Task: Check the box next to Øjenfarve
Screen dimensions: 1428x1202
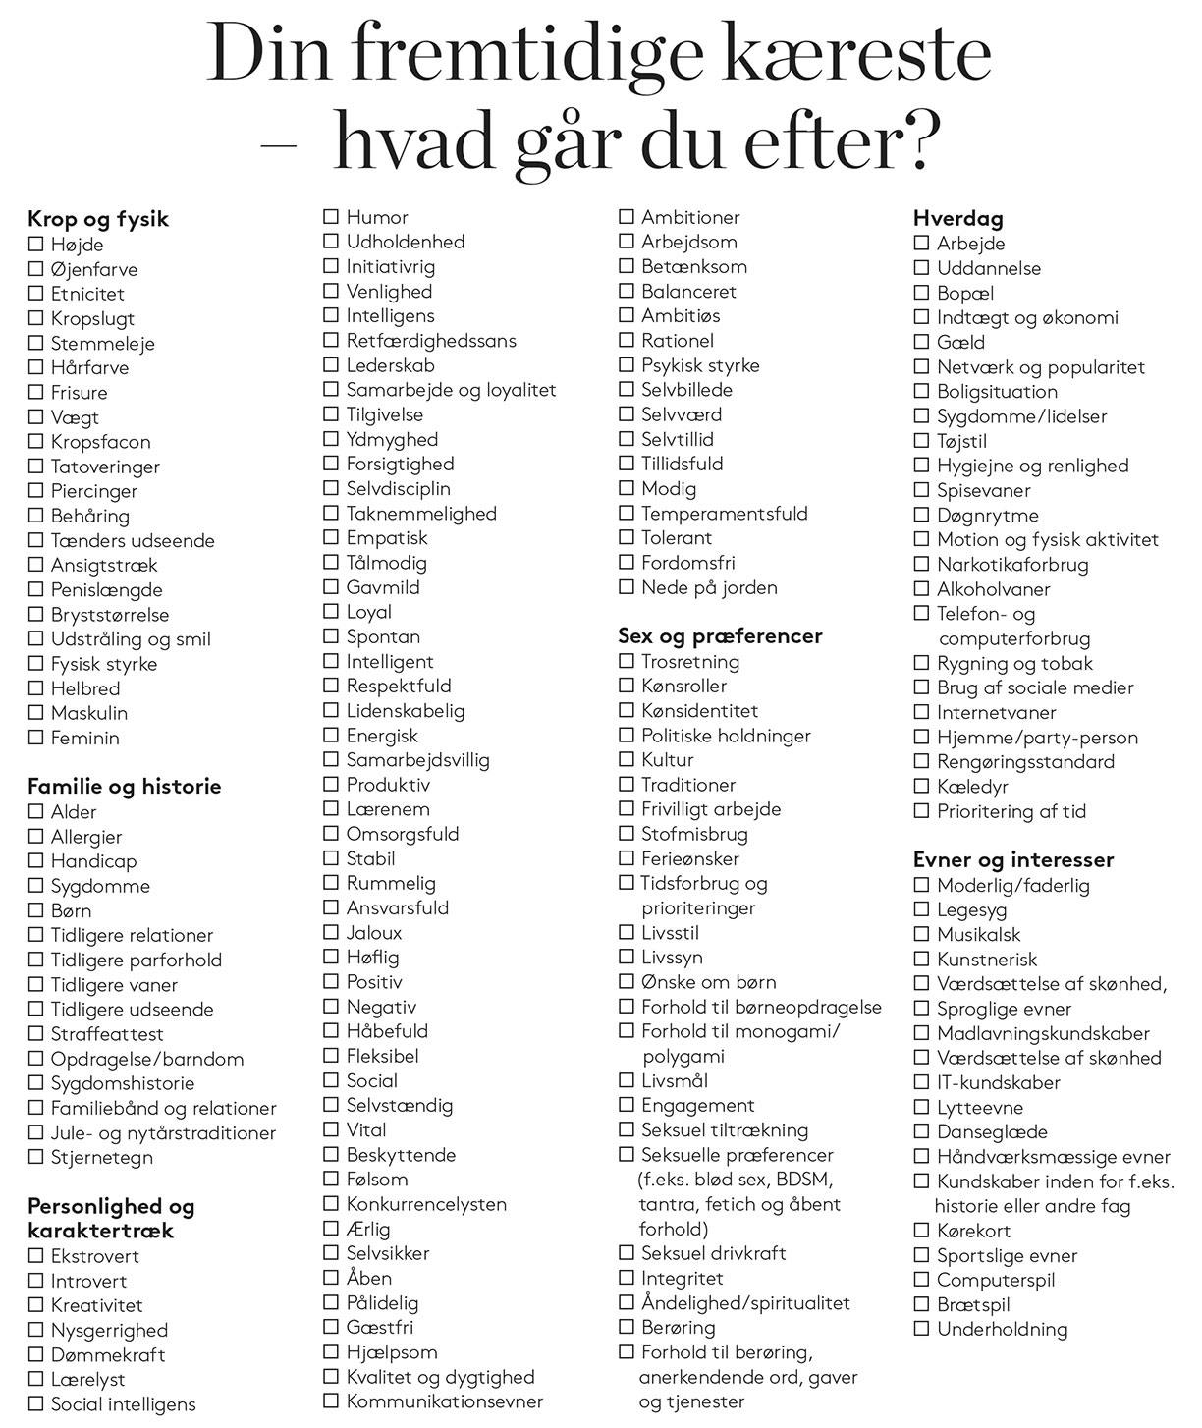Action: (x=36, y=268)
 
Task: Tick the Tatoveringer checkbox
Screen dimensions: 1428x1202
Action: (x=36, y=466)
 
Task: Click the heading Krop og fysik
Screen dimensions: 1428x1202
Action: (x=98, y=219)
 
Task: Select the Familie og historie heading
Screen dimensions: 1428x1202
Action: (x=125, y=786)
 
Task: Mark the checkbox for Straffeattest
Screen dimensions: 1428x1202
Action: (x=36, y=1033)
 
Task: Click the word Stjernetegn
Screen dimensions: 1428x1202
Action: (x=102, y=1157)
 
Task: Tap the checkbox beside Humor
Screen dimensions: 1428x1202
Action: (x=331, y=217)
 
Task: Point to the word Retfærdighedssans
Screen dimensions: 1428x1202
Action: (x=431, y=341)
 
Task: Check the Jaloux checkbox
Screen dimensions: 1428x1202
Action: (x=331, y=932)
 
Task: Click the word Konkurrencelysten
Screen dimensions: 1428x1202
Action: (x=426, y=1204)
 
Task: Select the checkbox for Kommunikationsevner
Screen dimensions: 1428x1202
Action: (x=331, y=1401)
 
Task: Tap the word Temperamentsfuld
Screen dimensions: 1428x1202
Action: (x=725, y=514)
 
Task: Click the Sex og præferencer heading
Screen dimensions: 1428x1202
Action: (x=720, y=636)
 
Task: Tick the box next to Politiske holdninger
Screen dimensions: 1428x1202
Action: (x=627, y=735)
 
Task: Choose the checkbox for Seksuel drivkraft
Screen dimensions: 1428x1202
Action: (x=627, y=1253)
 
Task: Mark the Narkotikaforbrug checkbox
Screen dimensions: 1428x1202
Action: (x=921, y=564)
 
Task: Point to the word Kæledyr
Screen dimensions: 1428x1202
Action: (x=972, y=787)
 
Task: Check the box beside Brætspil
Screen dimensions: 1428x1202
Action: (x=921, y=1304)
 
